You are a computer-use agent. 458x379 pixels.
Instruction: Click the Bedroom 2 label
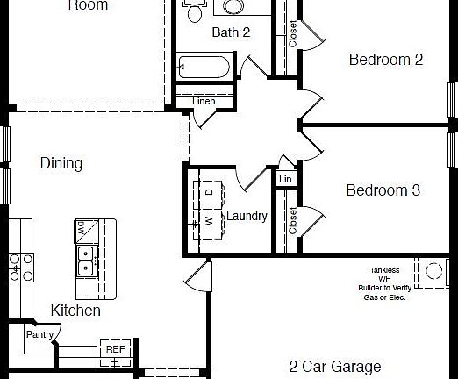point(386,60)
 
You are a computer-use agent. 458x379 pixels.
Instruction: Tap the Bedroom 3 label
point(383,190)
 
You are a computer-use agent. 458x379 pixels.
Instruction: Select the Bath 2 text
point(231,32)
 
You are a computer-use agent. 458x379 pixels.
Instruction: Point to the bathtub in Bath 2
point(204,67)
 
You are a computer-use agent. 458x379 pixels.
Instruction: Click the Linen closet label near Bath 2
point(204,102)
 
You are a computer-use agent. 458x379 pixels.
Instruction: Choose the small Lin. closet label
point(286,179)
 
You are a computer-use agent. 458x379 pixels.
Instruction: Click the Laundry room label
point(247,216)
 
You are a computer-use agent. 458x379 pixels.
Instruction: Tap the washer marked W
point(209,220)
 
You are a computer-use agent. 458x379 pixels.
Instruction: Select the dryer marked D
point(209,192)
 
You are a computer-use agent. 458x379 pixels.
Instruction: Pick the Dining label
point(61,163)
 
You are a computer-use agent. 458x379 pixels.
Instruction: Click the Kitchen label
point(75,311)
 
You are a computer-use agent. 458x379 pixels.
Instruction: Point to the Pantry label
point(39,334)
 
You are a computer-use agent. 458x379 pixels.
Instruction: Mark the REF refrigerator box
point(115,349)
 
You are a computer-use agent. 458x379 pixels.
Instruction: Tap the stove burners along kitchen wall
point(15,267)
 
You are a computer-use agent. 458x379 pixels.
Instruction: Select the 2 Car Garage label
point(335,367)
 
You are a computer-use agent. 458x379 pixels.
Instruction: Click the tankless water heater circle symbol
point(431,272)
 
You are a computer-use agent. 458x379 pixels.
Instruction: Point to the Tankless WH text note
point(383,283)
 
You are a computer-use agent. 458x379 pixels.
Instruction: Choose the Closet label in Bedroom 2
point(292,33)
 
